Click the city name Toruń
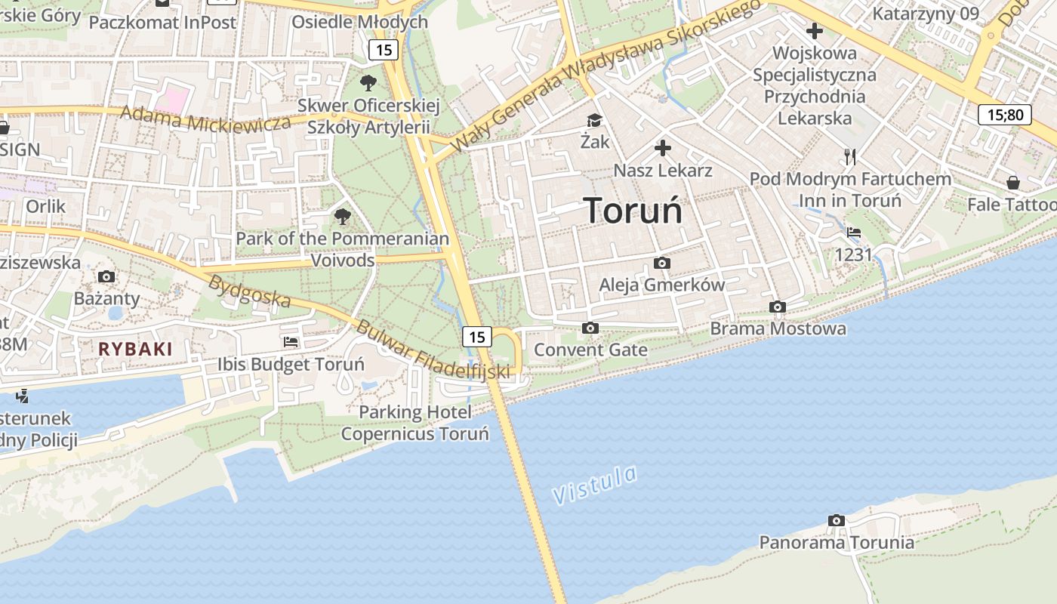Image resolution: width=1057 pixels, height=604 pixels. tap(633, 211)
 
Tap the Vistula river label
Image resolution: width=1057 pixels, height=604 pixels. tap(594, 485)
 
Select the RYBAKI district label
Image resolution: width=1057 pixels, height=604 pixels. tap(135, 349)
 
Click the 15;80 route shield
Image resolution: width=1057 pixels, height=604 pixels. tap(1004, 115)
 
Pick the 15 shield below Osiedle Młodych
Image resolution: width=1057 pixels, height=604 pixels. tap(384, 51)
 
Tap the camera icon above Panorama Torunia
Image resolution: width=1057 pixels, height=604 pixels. tap(836, 520)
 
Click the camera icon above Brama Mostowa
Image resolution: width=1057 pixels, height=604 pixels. tap(777, 307)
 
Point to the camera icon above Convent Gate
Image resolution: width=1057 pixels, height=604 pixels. tap(590, 328)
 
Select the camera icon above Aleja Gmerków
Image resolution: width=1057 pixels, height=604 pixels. tap(662, 263)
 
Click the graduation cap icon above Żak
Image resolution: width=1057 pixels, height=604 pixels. tap(594, 120)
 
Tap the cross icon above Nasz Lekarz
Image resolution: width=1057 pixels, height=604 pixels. tap(663, 148)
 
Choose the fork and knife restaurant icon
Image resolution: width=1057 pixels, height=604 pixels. tap(851, 157)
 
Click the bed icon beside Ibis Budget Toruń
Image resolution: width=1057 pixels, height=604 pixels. tap(291, 342)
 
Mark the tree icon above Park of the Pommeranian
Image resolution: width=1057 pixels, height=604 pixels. tap(343, 217)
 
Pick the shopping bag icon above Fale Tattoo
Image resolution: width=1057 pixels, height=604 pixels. tap(1012, 183)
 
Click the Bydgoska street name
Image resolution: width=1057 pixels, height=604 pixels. tap(249, 291)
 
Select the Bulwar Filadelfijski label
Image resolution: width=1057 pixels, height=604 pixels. tap(431, 351)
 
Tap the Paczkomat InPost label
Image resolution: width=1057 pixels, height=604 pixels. tap(162, 22)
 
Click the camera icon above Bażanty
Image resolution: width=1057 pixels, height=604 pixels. tap(106, 276)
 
